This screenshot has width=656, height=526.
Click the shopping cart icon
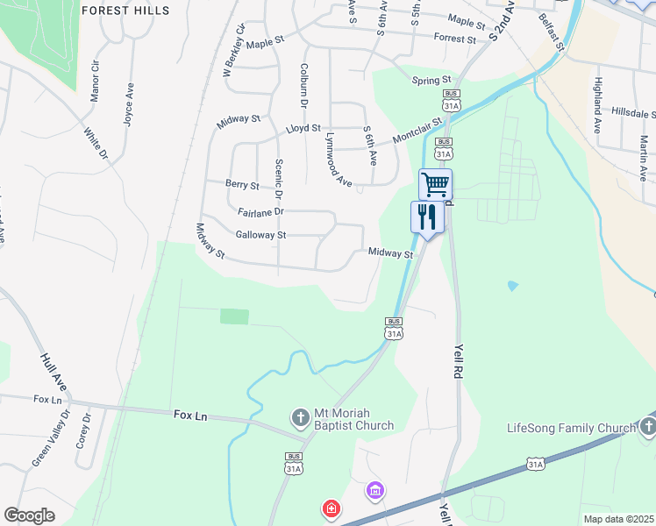[x=435, y=185]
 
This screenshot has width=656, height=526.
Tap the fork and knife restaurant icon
[x=427, y=217]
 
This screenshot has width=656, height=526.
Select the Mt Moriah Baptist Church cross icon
[x=300, y=417]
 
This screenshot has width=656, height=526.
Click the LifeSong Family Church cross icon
[x=648, y=427]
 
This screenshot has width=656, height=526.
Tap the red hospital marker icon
[x=332, y=508]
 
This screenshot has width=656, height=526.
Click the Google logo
[x=30, y=515]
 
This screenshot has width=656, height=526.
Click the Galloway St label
[x=261, y=235]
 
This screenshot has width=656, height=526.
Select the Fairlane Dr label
[x=260, y=212]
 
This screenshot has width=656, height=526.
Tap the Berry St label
[x=242, y=186]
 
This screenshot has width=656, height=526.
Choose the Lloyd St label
[x=303, y=129]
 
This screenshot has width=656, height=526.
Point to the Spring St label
[x=431, y=81]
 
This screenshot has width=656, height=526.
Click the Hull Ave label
[x=53, y=372]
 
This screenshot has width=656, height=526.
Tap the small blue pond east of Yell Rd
[x=512, y=286]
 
